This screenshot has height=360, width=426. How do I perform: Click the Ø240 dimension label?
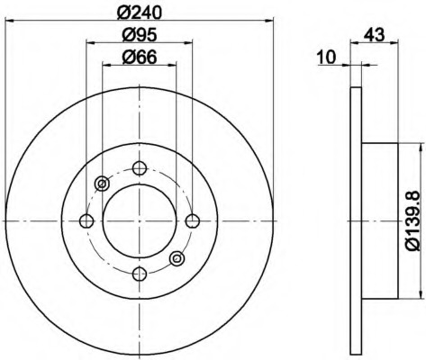[x=140, y=12]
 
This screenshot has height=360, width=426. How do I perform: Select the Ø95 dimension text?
[x=140, y=35]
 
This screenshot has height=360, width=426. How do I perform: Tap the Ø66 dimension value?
[x=140, y=57]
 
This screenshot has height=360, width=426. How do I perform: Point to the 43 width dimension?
[x=374, y=34]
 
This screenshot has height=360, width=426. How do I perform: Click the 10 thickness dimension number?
[x=327, y=57]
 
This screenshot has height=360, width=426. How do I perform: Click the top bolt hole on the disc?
[x=140, y=168]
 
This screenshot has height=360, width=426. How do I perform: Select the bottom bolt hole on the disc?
[x=140, y=274]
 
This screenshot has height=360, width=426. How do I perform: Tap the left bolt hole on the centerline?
[x=86, y=221]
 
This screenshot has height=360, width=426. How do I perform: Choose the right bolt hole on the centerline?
[x=193, y=221]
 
